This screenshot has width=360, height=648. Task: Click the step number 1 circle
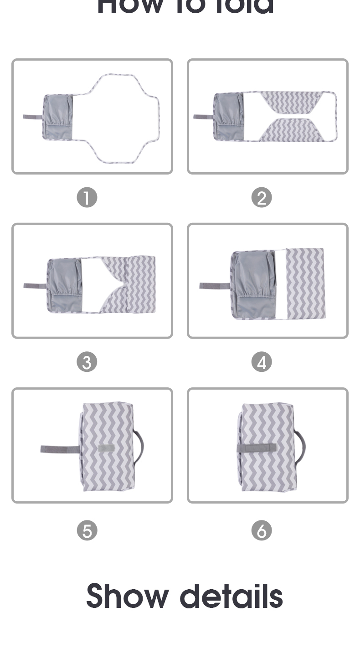pyautogui.click(x=87, y=198)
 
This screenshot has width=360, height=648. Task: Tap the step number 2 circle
pyautogui.click(x=262, y=198)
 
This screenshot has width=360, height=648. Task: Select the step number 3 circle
pyautogui.click(x=87, y=362)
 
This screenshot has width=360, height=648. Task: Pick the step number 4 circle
pyautogui.click(x=262, y=362)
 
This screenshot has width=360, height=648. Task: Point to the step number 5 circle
pyautogui.click(x=87, y=531)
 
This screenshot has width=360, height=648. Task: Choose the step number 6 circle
pyautogui.click(x=262, y=531)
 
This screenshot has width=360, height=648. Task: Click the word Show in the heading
pyautogui.click(x=127, y=596)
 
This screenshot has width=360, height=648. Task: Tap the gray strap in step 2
pyautogui.click(x=203, y=117)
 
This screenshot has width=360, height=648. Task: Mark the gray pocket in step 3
pyautogui.click(x=65, y=284)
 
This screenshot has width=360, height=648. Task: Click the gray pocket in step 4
pyautogui.click(x=253, y=283)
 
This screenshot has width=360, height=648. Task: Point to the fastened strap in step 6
pyautogui.click(x=256, y=448)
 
